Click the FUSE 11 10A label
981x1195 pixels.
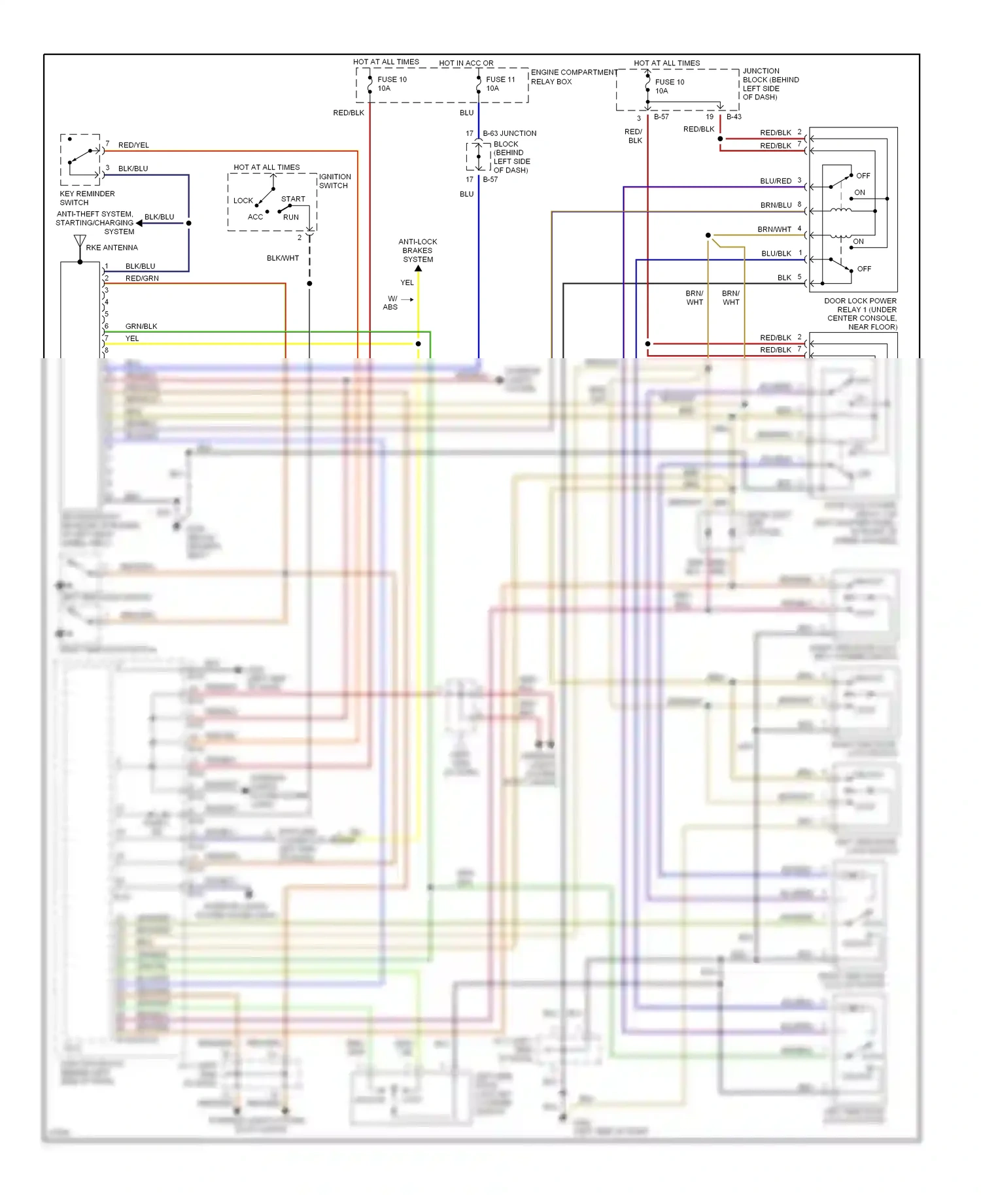coord(500,84)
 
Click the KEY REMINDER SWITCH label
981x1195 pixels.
coord(87,198)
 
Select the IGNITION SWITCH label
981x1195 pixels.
coord(335,181)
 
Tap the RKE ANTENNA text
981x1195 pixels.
coord(112,248)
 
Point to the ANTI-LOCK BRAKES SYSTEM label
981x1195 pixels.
coord(418,250)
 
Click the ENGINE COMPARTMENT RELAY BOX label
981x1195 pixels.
coord(574,76)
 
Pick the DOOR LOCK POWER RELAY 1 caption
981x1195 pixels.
coord(861,313)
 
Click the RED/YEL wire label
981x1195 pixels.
coord(133,145)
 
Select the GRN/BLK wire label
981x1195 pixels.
coord(141,326)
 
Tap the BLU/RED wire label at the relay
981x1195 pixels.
coord(776,181)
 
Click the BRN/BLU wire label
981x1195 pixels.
coord(776,205)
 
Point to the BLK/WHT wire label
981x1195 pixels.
coord(283,258)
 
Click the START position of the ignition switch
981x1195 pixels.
coord(293,199)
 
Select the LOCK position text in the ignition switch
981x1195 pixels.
coord(243,201)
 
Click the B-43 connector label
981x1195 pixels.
coord(734,117)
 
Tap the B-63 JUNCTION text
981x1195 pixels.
coord(509,133)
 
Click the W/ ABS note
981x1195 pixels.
coord(390,303)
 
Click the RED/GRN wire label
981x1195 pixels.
coord(142,278)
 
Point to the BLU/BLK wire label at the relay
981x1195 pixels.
coord(776,254)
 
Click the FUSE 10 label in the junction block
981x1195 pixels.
coord(670,86)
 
